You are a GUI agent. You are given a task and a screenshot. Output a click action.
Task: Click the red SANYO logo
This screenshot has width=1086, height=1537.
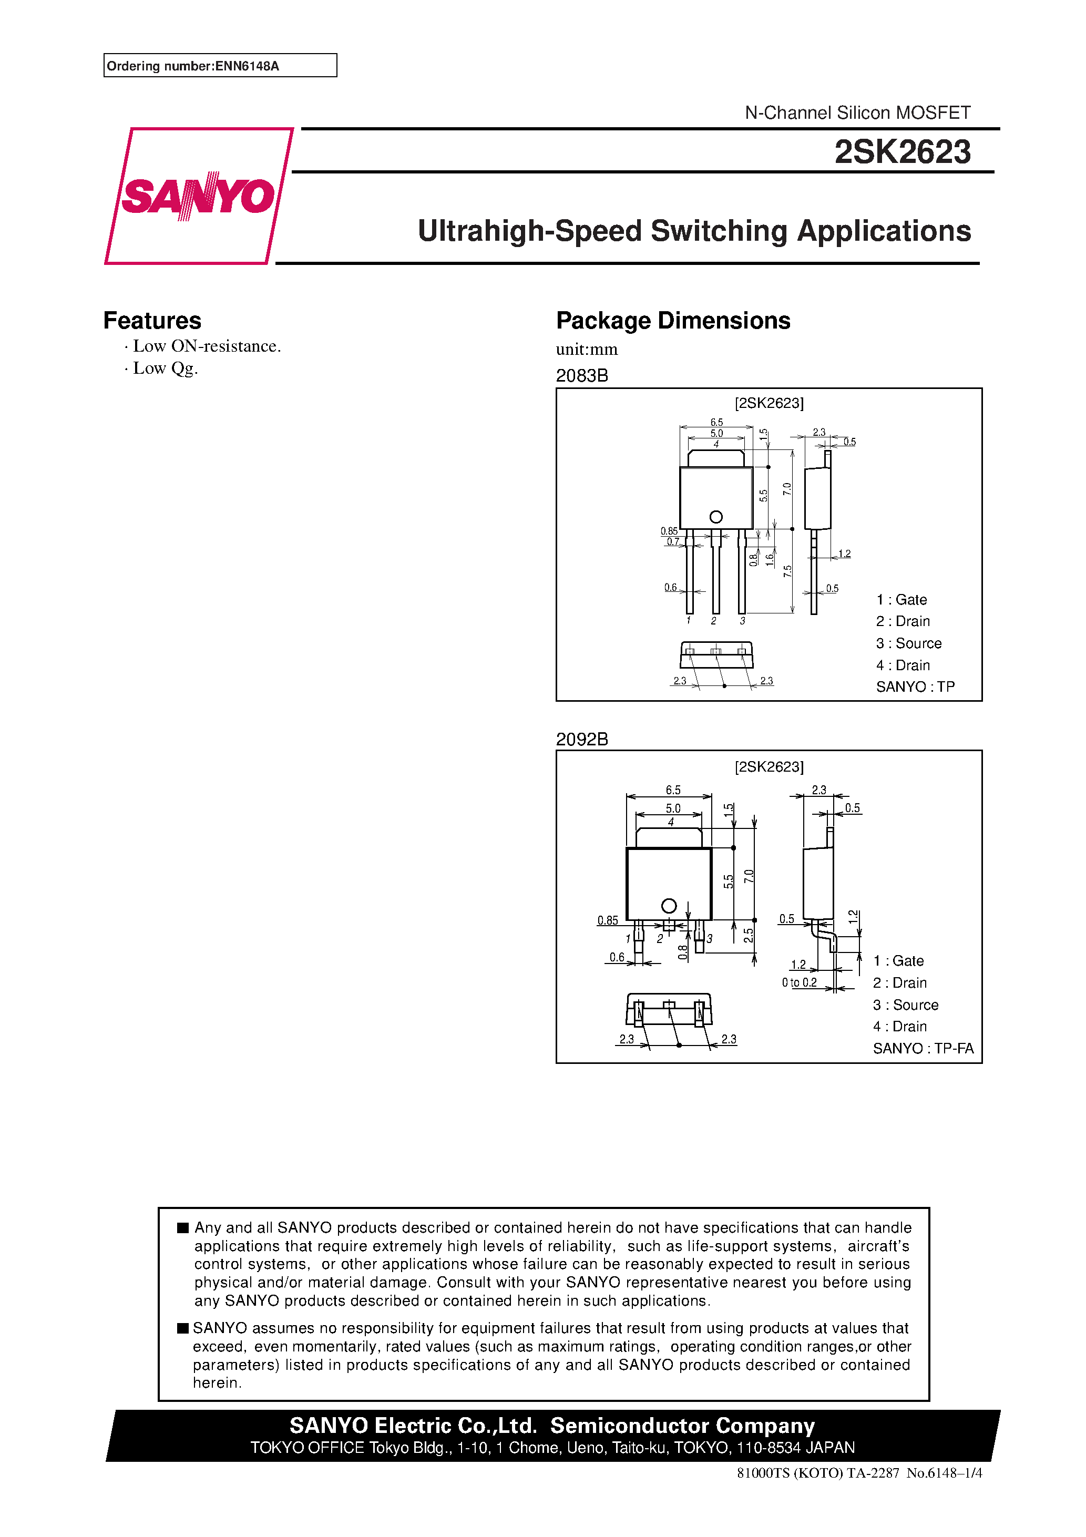click(x=198, y=196)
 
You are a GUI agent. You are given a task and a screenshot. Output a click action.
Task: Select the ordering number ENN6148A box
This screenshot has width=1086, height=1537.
click(x=220, y=66)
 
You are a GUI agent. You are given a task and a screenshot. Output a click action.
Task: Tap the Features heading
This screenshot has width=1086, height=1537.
click(x=152, y=321)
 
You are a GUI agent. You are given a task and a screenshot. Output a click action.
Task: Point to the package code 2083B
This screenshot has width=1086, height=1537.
click(x=581, y=375)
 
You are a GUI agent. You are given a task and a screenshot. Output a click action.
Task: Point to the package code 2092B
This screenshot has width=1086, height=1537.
click(x=581, y=739)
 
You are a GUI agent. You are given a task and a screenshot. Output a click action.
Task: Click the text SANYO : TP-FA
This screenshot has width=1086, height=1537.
click(x=923, y=1048)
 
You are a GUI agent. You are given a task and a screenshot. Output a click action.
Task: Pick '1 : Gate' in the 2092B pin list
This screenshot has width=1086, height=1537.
click(x=898, y=961)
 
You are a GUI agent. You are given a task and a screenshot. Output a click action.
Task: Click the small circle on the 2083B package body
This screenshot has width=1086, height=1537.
click(x=716, y=517)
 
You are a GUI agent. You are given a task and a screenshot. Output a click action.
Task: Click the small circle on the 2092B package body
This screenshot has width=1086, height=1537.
click(x=668, y=906)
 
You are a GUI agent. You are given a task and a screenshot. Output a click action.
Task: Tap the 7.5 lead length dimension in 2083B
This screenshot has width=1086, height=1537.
click(x=787, y=571)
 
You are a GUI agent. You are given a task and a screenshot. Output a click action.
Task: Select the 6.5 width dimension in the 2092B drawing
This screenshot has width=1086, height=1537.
click(x=673, y=790)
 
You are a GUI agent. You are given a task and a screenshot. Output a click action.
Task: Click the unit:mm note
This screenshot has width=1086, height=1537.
click(x=587, y=350)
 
